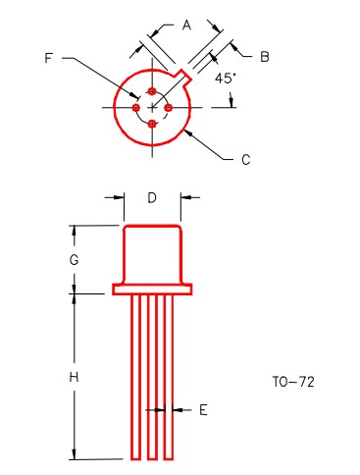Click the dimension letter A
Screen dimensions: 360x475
click(186, 26)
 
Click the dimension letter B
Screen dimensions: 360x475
click(265, 57)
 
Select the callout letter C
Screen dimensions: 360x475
click(246, 160)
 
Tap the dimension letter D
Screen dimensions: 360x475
click(152, 197)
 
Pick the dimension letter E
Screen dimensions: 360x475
click(203, 410)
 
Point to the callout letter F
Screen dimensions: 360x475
click(49, 58)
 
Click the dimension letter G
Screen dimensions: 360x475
click(75, 260)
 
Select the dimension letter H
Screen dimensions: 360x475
click(75, 377)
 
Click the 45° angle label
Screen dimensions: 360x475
click(226, 79)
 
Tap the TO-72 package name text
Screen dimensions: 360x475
click(293, 382)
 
